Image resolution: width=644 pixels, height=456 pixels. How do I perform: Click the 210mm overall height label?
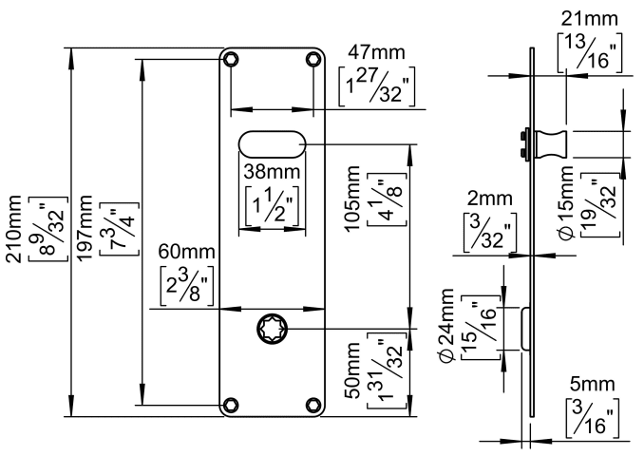(x=16, y=233)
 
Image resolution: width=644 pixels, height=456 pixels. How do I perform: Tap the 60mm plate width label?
(x=179, y=254)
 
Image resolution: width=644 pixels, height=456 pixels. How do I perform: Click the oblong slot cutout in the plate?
(x=273, y=143)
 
